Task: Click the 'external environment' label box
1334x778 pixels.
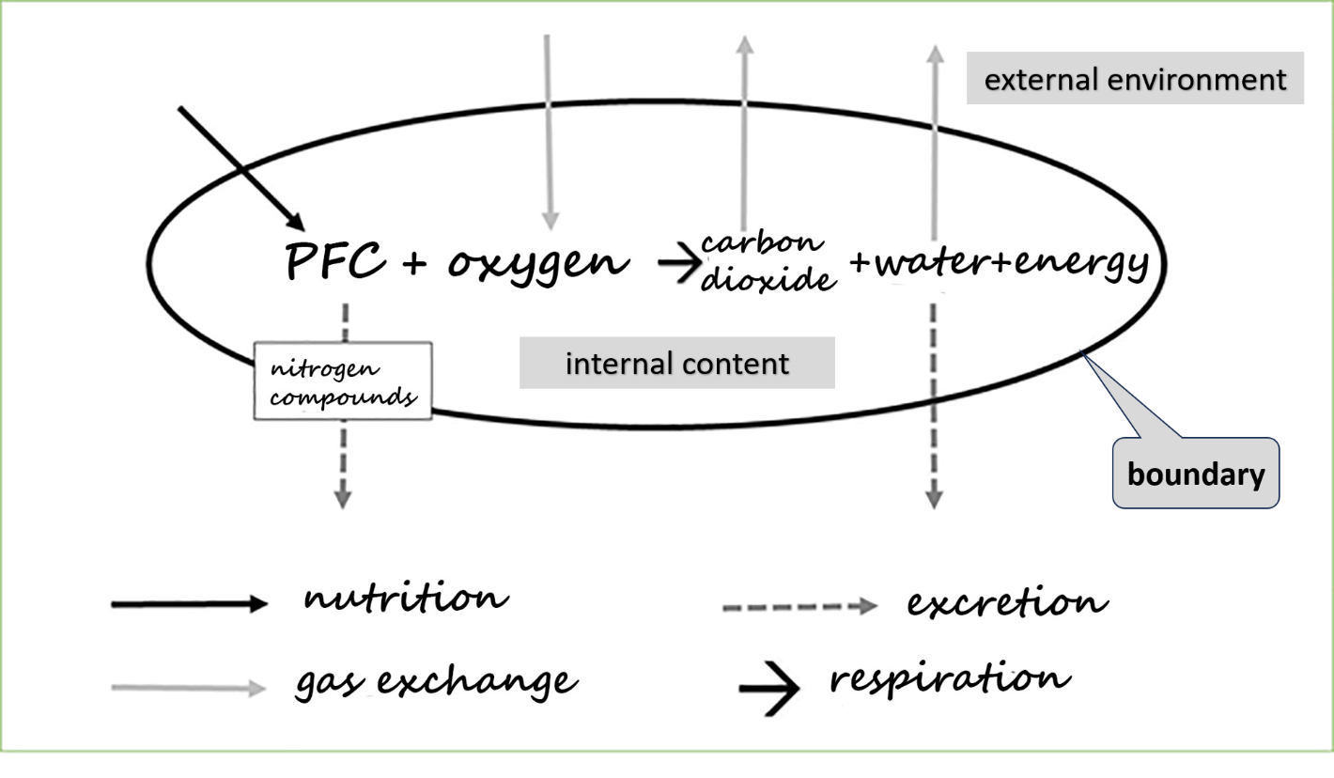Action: click(x=1135, y=78)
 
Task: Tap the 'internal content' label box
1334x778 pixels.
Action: click(x=676, y=363)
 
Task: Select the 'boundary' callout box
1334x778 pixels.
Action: click(x=1196, y=474)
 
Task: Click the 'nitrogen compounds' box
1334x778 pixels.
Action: click(x=343, y=381)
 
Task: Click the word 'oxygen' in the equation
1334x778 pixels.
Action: click(x=537, y=261)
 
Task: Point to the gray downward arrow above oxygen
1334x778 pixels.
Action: click(x=549, y=132)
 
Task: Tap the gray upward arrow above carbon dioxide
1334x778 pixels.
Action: click(x=744, y=132)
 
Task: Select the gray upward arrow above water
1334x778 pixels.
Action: click(x=934, y=141)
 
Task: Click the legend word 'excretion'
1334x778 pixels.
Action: click(x=1006, y=602)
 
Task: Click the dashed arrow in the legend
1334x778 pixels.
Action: click(x=799, y=607)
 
